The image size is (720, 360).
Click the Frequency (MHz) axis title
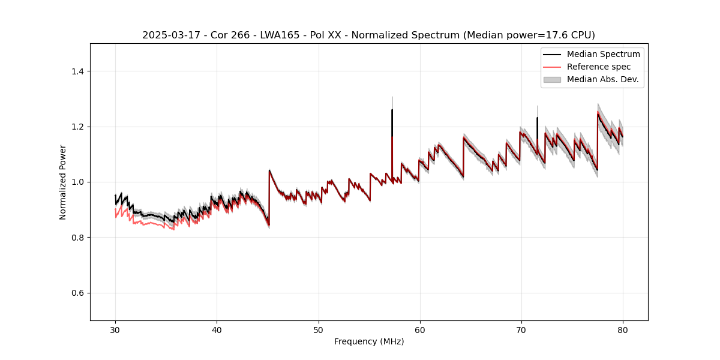[x=369, y=341]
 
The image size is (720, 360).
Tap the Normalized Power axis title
[x=63, y=182]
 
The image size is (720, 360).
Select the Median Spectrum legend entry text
[x=603, y=54]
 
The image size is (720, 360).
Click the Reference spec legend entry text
[x=599, y=67]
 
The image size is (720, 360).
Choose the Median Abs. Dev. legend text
[x=602, y=79]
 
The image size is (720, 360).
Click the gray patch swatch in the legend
[x=552, y=79]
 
